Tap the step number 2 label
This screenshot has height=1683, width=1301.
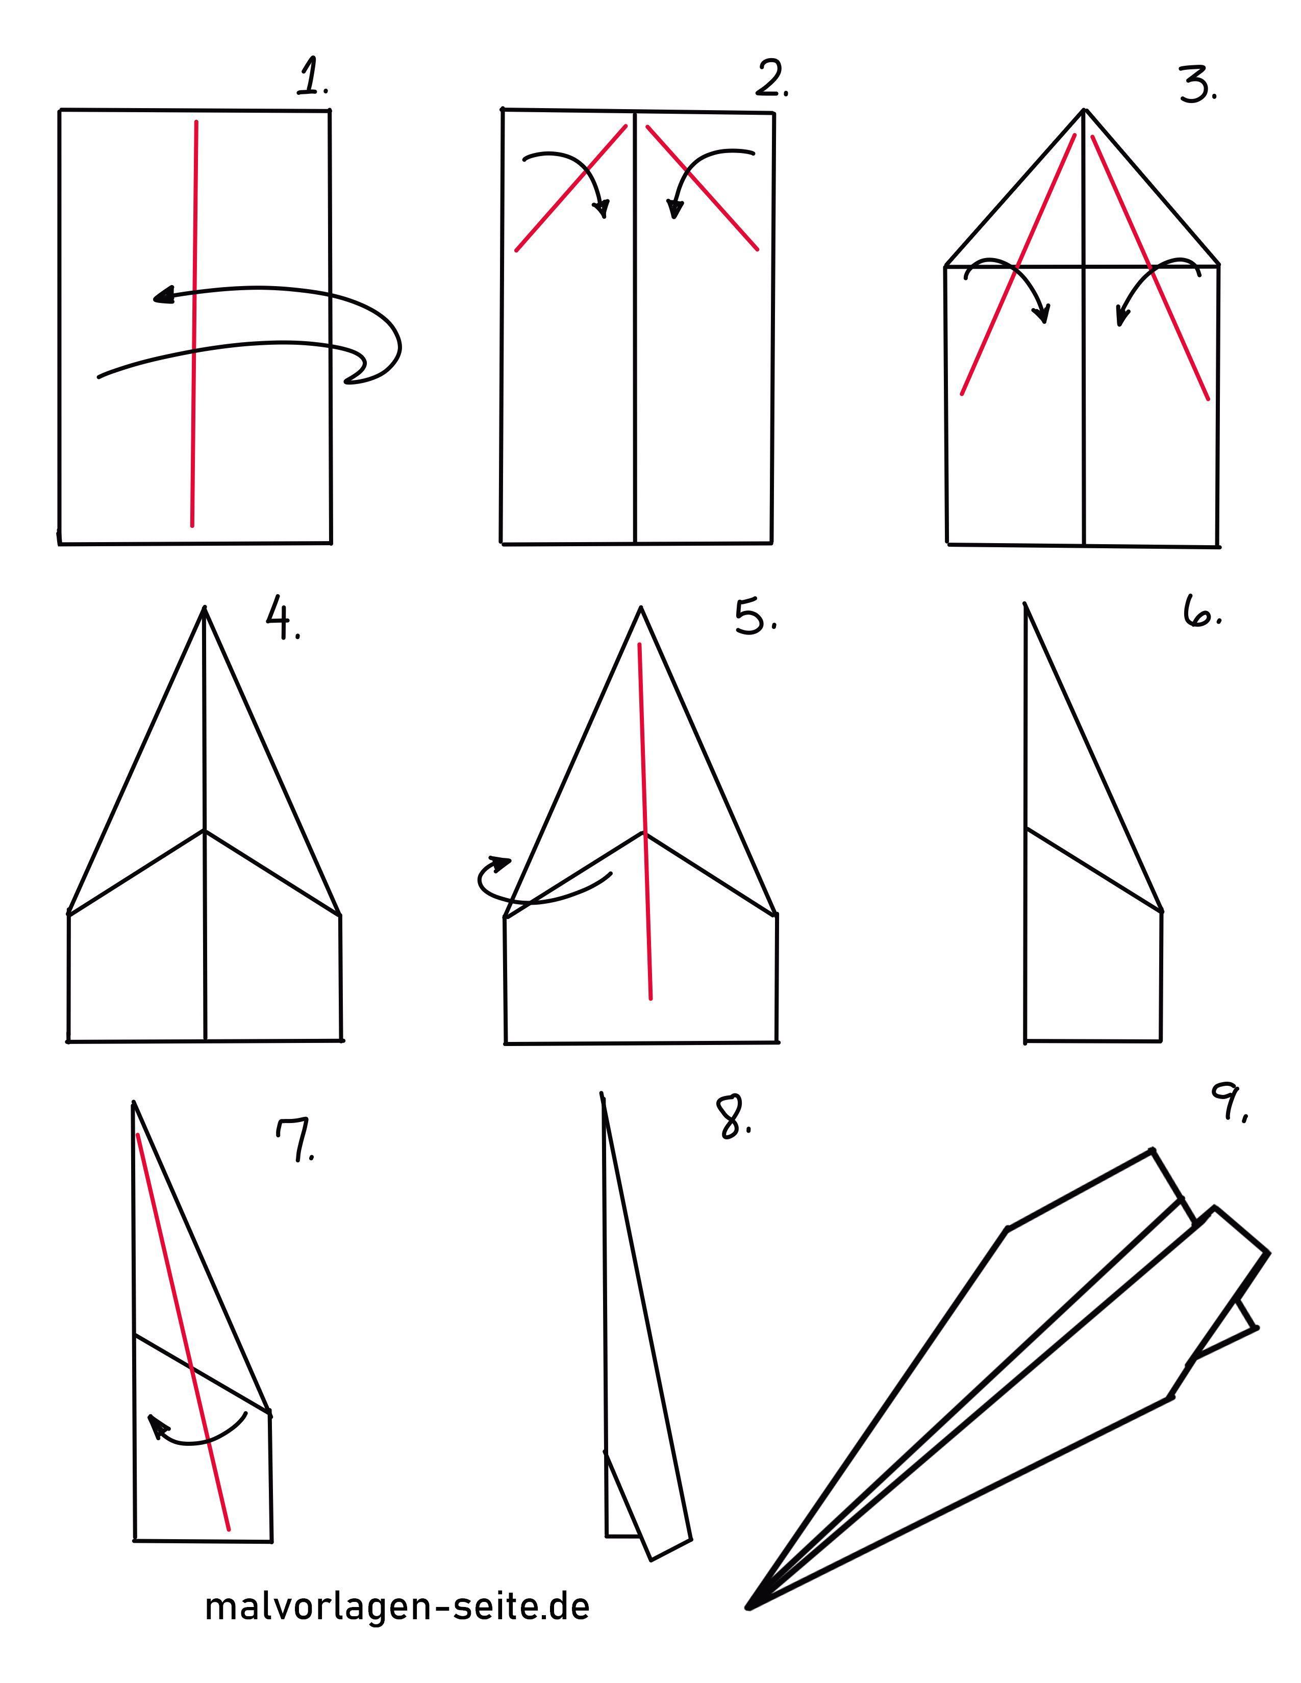point(771,79)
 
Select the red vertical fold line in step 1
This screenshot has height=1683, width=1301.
point(194,324)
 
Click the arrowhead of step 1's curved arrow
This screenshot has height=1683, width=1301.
point(163,295)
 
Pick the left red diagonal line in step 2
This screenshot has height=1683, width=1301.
point(571,187)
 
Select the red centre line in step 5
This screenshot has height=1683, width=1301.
point(645,822)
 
